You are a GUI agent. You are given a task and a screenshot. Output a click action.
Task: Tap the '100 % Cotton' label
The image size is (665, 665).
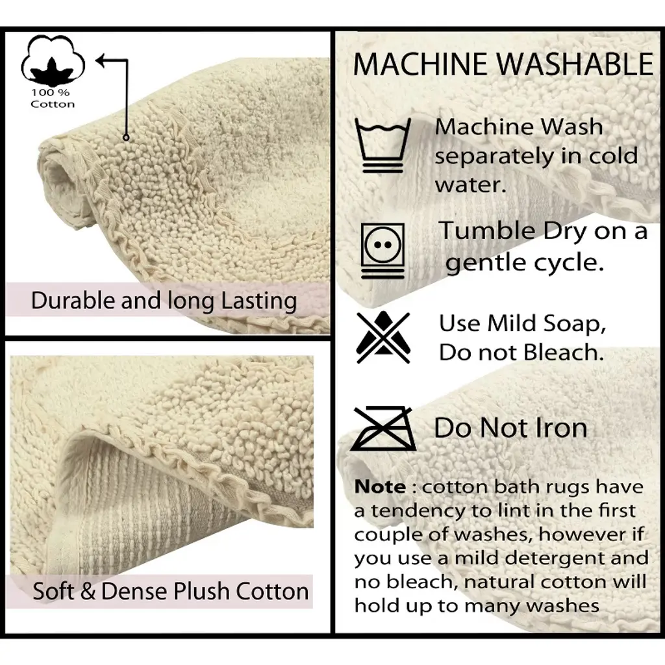coord(53,99)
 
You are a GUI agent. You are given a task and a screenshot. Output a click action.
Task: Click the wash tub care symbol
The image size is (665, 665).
coord(383,145)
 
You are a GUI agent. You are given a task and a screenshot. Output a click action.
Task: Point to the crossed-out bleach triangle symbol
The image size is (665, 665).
coord(383,337)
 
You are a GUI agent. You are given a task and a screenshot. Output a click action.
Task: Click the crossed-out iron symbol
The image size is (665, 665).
coord(383,429)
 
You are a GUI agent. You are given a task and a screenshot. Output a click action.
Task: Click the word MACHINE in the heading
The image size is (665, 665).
coord(420,64)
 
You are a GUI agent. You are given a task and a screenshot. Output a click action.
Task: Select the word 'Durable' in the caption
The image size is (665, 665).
coord(73,301)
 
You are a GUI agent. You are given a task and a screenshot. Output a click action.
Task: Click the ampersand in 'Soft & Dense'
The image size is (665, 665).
coord(88,591)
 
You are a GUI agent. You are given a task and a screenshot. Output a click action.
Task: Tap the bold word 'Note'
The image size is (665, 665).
coord(380,487)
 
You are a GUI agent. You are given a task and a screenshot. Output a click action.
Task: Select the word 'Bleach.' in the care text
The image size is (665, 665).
coord(564,352)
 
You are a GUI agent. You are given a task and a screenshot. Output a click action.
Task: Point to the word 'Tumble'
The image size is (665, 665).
coord(487,231)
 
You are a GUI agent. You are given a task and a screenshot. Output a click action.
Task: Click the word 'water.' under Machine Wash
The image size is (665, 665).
coord(470,185)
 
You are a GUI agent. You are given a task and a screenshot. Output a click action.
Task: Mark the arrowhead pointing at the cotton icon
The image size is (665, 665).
coord(102,60)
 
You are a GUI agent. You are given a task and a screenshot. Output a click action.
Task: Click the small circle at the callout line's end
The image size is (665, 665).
coord(126,138)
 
